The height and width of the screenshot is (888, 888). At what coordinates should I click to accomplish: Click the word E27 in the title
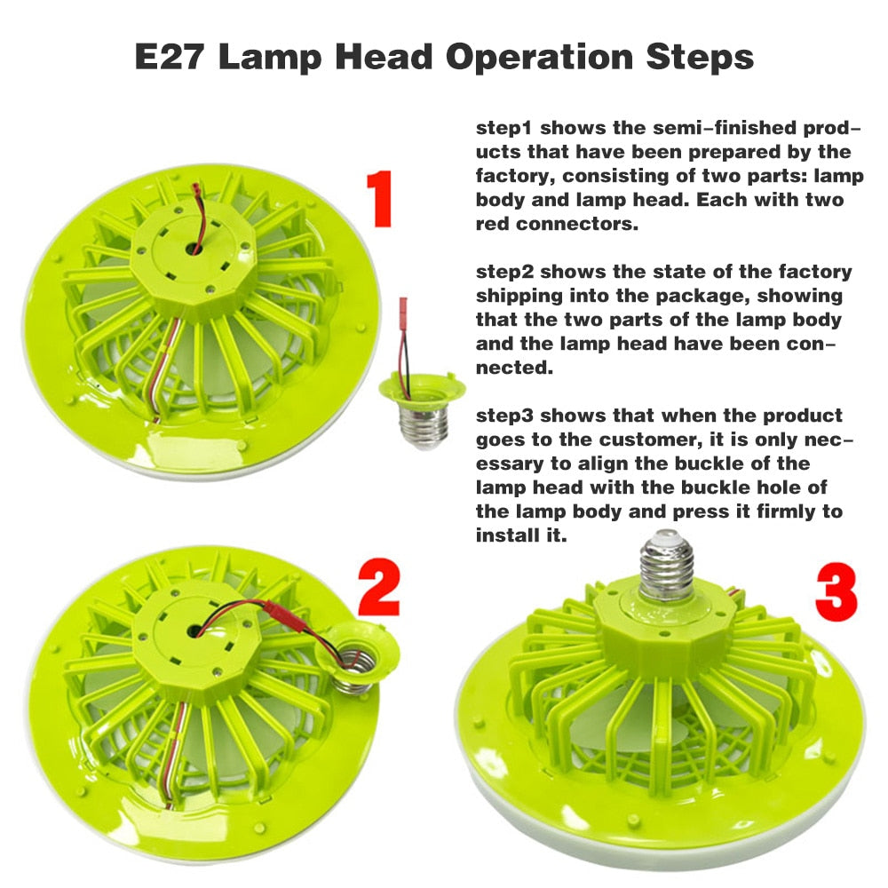click(x=170, y=58)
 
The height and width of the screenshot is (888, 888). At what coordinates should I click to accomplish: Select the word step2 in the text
click(x=503, y=272)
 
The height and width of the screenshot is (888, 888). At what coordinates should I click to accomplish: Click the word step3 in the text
click(x=503, y=416)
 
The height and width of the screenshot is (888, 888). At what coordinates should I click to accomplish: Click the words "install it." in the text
click(x=520, y=536)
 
